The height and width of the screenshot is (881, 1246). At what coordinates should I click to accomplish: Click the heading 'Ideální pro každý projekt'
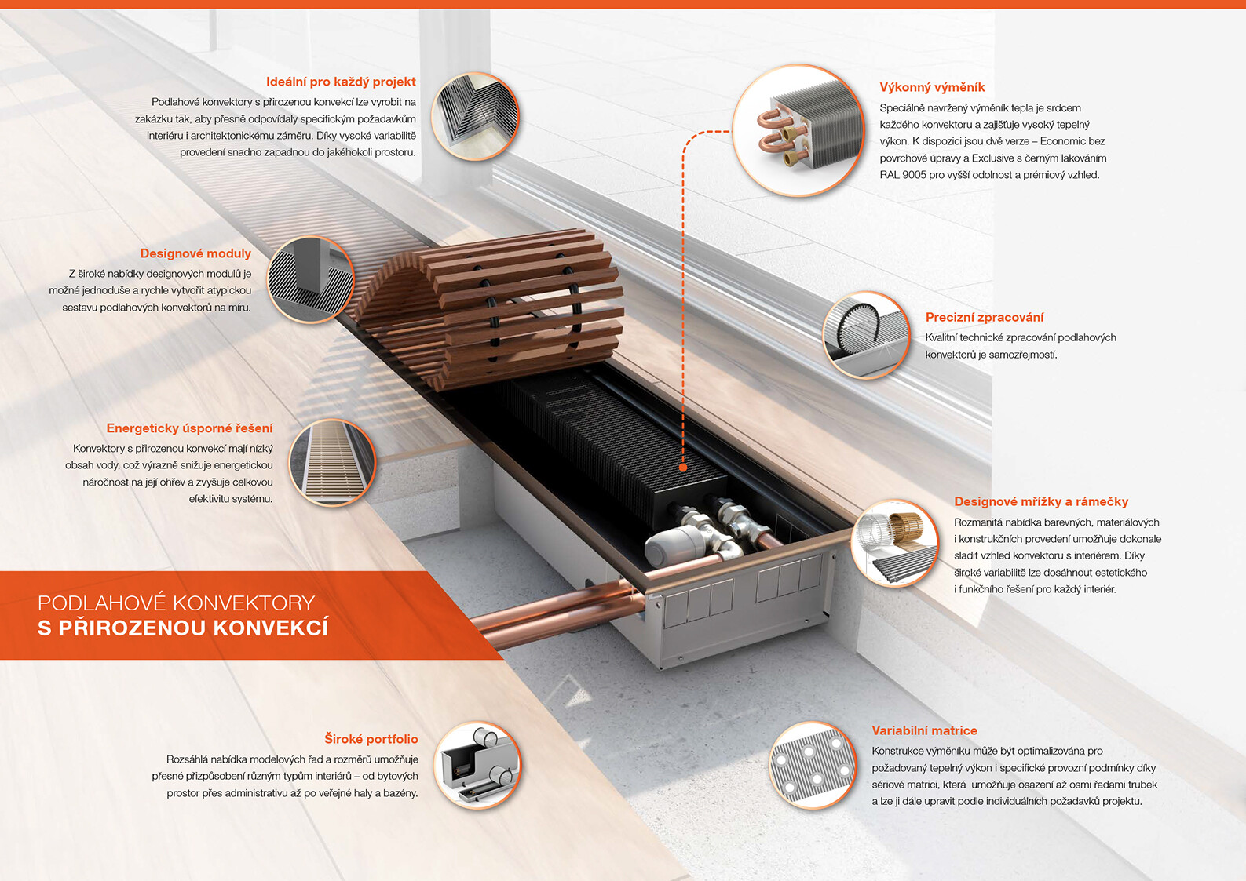click(341, 82)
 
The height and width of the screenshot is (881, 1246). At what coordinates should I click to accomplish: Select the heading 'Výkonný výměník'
click(932, 87)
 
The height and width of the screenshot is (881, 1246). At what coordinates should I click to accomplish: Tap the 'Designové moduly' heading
click(195, 253)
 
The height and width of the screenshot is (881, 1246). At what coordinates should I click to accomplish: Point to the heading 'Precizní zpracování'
click(985, 318)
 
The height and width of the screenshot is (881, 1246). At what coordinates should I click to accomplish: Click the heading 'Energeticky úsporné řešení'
click(190, 428)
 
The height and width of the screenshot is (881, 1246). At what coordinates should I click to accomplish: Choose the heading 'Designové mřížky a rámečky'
click(1041, 502)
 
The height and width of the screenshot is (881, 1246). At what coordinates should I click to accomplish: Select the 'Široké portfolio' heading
click(371, 739)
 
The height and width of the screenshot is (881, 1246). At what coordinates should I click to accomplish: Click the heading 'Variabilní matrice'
click(924, 730)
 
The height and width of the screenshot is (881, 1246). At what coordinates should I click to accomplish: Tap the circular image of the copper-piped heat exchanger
click(798, 131)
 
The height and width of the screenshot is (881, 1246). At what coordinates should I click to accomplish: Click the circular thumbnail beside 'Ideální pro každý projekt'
click(476, 116)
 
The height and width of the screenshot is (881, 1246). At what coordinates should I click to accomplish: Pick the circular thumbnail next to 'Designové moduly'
click(311, 279)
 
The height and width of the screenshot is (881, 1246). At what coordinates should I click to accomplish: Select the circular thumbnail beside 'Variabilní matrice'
click(813, 765)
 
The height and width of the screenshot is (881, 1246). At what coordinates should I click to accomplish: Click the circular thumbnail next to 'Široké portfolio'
click(478, 765)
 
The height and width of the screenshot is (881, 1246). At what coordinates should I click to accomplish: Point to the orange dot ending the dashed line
click(683, 468)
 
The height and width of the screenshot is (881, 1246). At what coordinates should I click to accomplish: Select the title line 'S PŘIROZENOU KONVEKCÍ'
click(183, 628)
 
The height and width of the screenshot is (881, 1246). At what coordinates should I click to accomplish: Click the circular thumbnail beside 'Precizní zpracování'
click(867, 335)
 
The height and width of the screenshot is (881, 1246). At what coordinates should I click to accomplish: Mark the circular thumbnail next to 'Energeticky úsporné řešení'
click(333, 462)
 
